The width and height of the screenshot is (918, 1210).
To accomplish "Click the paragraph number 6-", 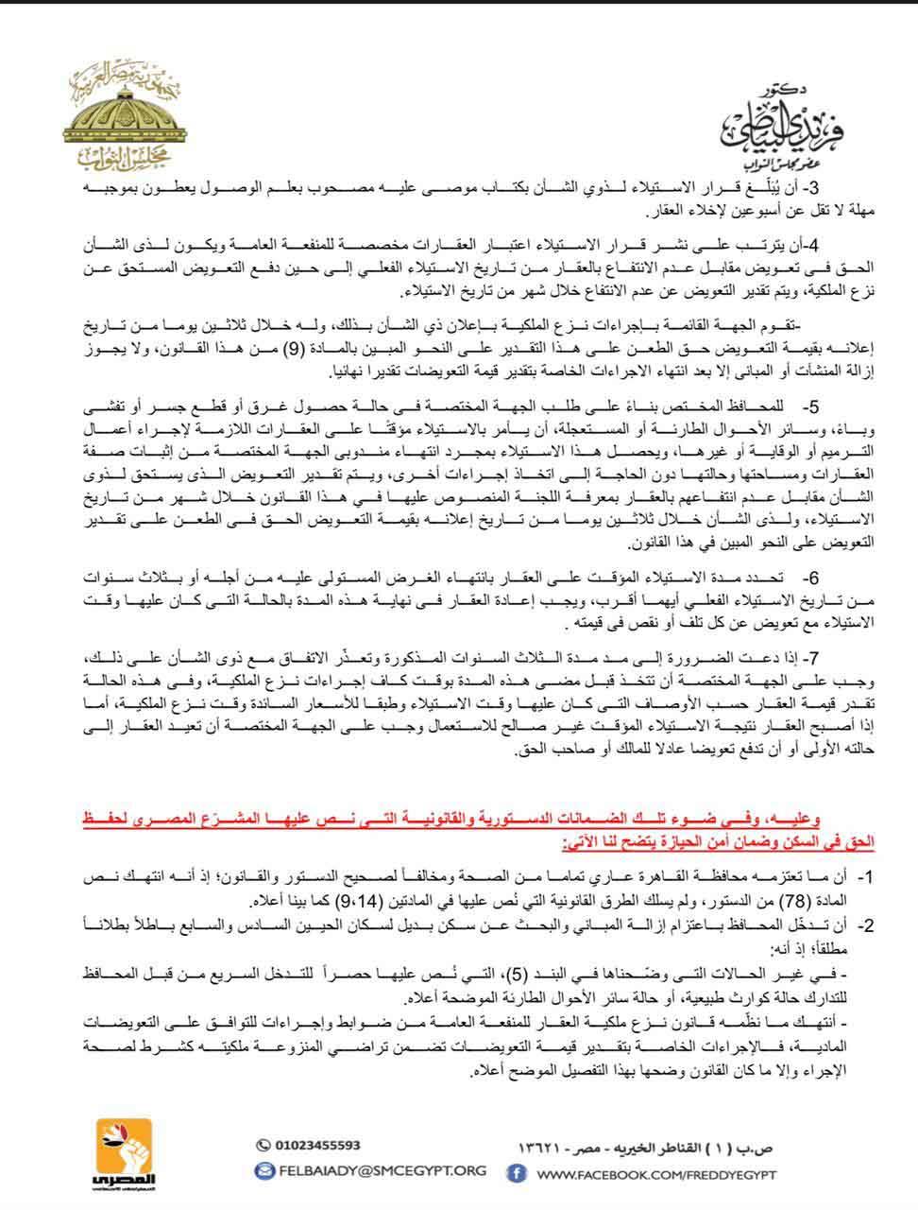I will pos(809,577).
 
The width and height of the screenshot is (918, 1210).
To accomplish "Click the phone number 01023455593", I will pos(318,1145).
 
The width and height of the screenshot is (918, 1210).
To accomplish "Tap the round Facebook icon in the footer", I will pos(517,1173).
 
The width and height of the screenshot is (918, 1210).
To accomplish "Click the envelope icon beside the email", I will pos(264,1170).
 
